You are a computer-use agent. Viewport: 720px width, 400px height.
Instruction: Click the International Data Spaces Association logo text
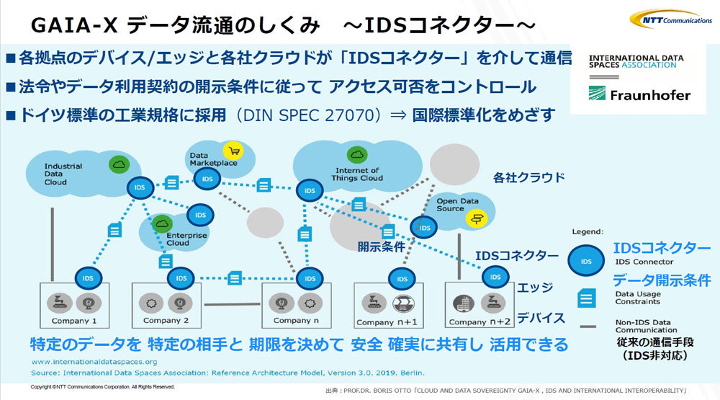click(632, 61)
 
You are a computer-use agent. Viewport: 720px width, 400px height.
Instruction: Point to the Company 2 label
click(166, 320)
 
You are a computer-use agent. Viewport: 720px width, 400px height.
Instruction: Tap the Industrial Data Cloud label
click(63, 174)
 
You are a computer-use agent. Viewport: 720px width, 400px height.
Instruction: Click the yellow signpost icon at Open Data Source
click(475, 218)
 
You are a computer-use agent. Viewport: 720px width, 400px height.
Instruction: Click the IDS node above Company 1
click(88, 277)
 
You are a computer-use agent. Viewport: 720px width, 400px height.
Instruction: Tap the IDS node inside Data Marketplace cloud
click(207, 179)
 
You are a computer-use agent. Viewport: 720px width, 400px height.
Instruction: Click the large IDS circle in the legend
click(587, 261)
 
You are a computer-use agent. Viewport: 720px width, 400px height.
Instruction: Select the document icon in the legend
click(587, 296)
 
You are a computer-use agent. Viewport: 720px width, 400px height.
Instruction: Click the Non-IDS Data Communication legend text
click(643, 326)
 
